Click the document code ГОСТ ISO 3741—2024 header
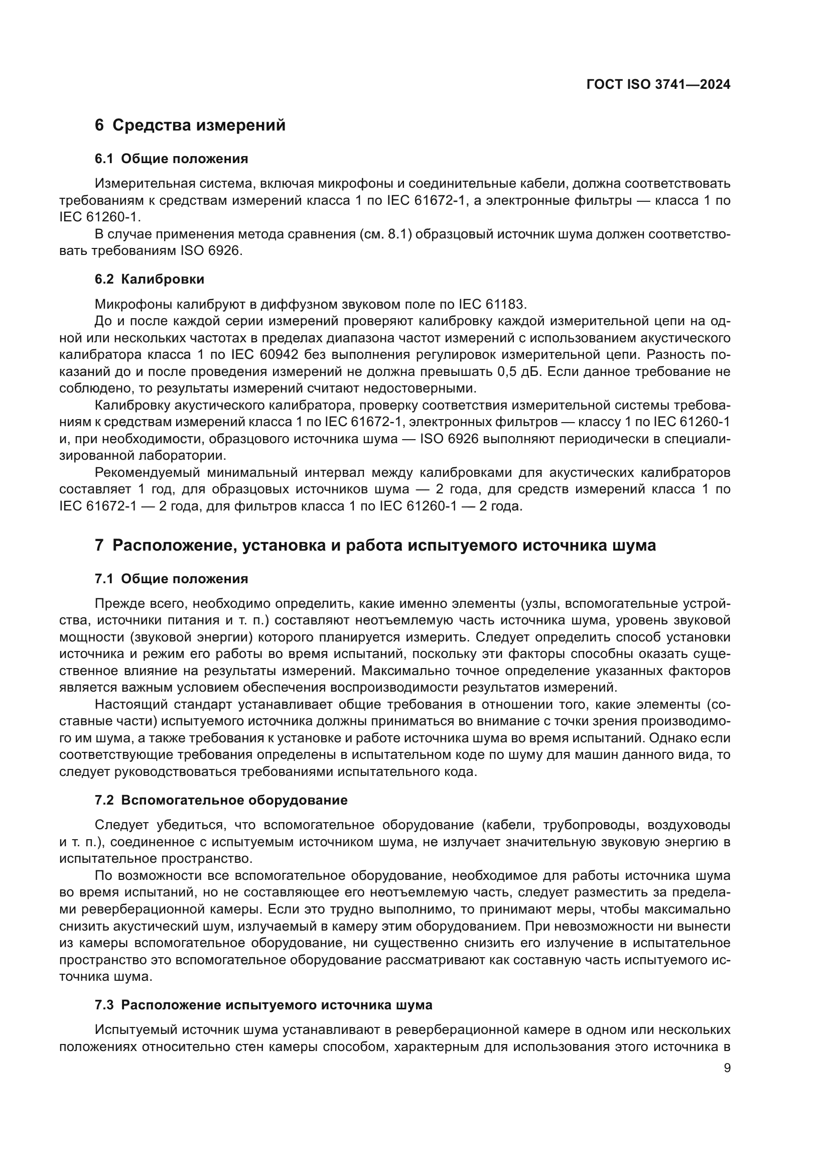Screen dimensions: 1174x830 click(658, 85)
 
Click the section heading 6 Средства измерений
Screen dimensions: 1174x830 click(190, 125)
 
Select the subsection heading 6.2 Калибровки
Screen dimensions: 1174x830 click(149, 279)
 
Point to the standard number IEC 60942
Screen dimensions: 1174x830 click(266, 355)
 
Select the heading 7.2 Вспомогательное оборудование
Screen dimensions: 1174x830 click(221, 800)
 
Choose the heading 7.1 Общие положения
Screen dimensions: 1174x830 click(171, 579)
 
